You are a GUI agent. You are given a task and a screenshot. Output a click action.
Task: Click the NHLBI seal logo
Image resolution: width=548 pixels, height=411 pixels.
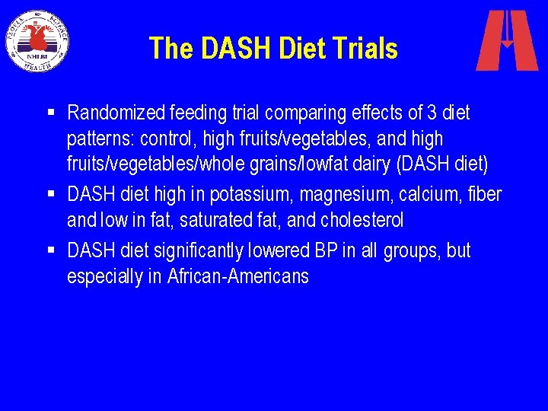[38, 40]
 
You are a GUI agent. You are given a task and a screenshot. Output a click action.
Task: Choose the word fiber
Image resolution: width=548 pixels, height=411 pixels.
[484, 195]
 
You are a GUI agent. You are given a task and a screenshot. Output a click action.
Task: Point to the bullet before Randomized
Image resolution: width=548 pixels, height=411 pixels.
[51, 113]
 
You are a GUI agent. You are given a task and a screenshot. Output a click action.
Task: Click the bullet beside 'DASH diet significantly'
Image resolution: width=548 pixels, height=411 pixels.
[51, 250]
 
